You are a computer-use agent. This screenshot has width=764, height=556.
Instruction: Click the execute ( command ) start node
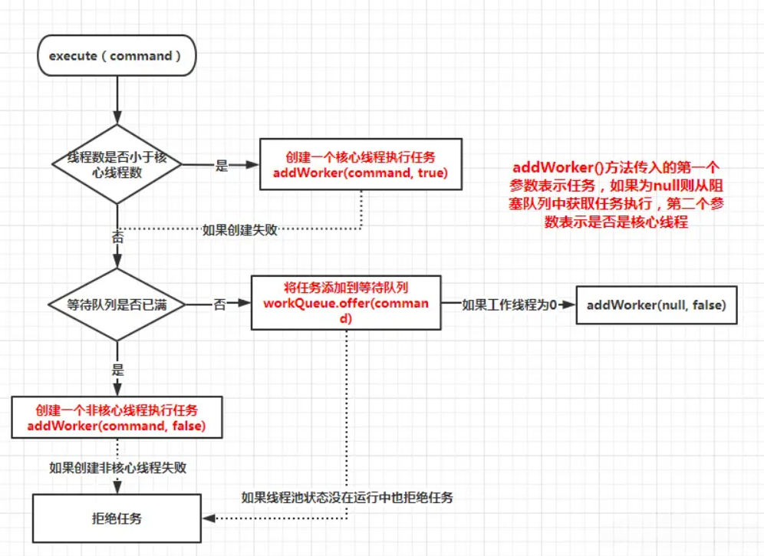117,57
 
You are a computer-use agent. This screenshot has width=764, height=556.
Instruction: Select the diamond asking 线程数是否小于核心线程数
117,164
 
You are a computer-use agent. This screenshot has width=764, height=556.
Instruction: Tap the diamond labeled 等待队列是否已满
117,304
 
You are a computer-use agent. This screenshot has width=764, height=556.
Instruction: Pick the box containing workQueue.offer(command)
346,303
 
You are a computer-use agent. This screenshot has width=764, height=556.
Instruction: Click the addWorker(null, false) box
657,304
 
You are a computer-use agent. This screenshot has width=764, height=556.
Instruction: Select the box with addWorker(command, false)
116,417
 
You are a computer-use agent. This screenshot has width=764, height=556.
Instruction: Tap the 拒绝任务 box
116,518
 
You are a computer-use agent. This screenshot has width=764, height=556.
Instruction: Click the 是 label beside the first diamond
222,165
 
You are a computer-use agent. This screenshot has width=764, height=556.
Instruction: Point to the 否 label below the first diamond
117,238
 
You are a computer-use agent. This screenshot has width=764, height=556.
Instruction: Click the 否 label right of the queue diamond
220,304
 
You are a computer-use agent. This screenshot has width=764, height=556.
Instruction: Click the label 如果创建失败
239,229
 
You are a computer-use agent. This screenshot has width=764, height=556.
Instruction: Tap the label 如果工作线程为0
509,304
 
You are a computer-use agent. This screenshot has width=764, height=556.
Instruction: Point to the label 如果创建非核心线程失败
117,467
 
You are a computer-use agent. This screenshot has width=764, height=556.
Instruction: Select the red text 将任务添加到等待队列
346,288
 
